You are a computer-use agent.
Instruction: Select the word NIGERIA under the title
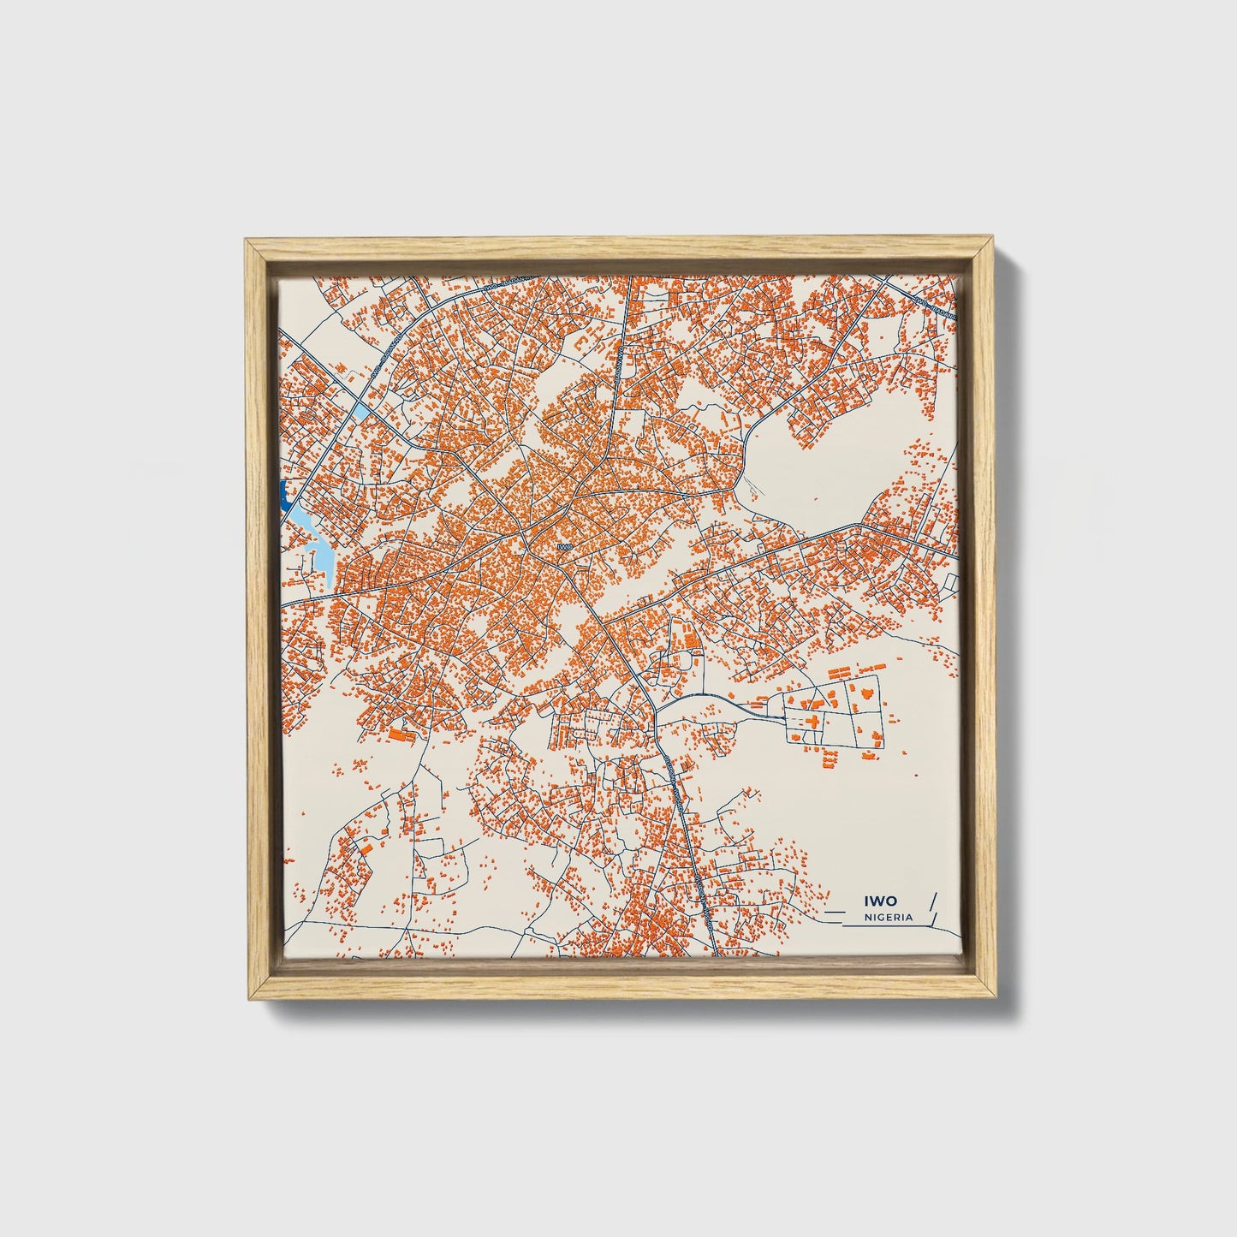889,917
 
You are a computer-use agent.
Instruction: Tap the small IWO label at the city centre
562,545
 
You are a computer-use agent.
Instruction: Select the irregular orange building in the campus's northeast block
869,689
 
